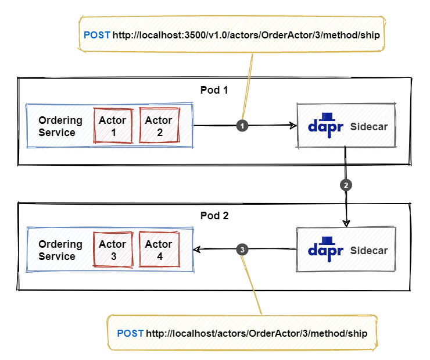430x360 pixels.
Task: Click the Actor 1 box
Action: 113,126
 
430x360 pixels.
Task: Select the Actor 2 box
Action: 160,126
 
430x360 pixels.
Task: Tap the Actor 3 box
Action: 113,249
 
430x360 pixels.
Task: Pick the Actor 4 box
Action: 159,249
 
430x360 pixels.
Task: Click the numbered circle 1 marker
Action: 242,126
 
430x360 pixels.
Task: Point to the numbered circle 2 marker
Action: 346,185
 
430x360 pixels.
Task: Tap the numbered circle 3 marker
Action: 242,249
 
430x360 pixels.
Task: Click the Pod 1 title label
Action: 214,90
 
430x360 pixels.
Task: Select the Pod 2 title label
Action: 214,216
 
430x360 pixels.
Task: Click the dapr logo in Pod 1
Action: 325,125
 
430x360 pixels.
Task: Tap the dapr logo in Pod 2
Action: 325,249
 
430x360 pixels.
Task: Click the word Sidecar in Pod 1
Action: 369,127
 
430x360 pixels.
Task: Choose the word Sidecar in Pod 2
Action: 369,251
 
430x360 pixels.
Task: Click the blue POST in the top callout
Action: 97,35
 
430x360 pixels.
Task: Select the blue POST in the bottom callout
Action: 130,333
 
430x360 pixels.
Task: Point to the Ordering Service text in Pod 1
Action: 60,126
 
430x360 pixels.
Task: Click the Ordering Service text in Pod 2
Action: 60,250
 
